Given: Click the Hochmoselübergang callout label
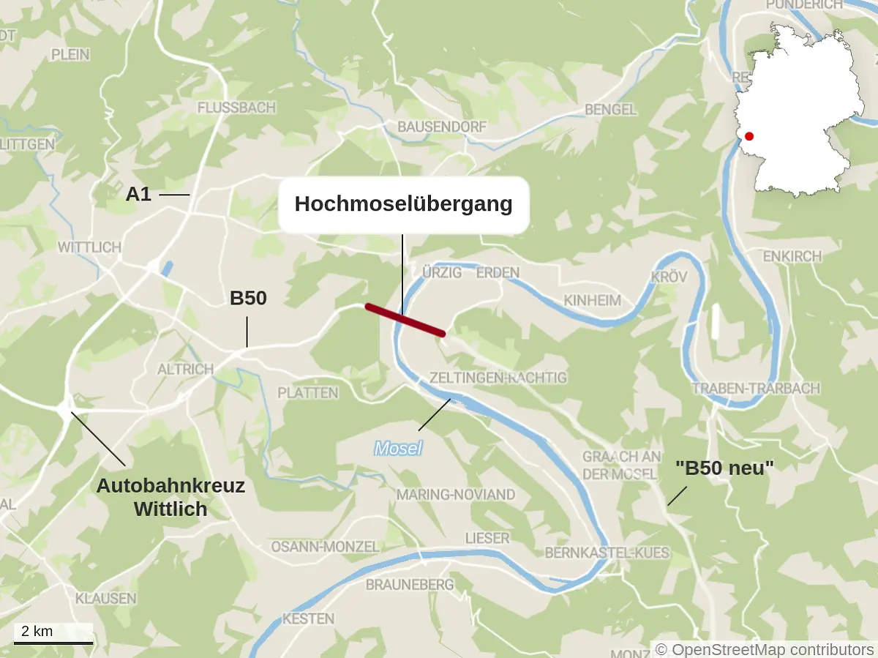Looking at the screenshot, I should point(403,204).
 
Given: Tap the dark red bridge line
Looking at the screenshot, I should point(405,320).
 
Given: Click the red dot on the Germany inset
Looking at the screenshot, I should point(748,136).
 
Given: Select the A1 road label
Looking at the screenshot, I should point(139,194).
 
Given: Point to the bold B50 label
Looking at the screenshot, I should point(248,299).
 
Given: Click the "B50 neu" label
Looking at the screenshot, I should point(724,468).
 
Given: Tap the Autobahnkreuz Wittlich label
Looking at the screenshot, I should point(171,497).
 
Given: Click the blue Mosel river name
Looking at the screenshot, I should point(398,448).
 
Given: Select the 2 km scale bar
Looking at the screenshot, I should point(53,635).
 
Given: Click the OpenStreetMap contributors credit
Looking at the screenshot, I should point(765,649).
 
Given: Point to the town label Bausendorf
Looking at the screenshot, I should point(441,127).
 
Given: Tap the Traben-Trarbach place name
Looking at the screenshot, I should point(756,389).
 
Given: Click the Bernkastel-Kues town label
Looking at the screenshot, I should point(607,553).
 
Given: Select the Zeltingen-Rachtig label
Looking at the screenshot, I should point(498,378).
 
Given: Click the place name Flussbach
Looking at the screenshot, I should point(236,108).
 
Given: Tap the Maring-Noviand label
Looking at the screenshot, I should point(456,495).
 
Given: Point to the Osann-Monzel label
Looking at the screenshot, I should point(325,547).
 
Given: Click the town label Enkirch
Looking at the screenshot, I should point(792,257).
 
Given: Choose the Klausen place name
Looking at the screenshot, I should point(105,598).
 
